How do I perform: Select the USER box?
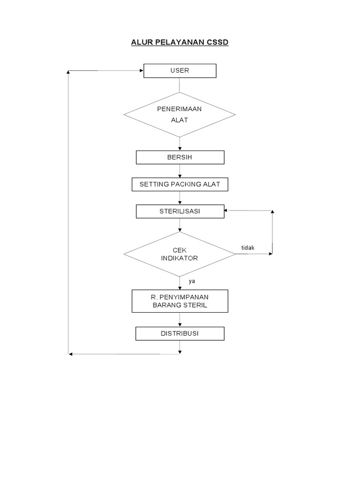(180, 71)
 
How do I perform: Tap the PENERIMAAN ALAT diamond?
(180, 114)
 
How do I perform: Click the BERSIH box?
(180, 157)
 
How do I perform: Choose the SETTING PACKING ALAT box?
(180, 185)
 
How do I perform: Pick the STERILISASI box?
(180, 211)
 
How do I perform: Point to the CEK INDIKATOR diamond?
(180, 254)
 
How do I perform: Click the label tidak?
(247, 248)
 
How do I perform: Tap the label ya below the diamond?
(192, 281)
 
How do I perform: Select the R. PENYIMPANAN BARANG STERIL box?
(180, 301)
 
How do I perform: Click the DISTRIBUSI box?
(180, 333)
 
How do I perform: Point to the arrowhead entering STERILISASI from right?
(227, 211)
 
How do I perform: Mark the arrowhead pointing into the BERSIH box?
(180, 149)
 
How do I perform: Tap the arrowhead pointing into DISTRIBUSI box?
(180, 325)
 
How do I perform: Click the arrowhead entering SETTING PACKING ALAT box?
(180, 176)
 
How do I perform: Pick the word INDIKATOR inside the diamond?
(180, 258)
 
